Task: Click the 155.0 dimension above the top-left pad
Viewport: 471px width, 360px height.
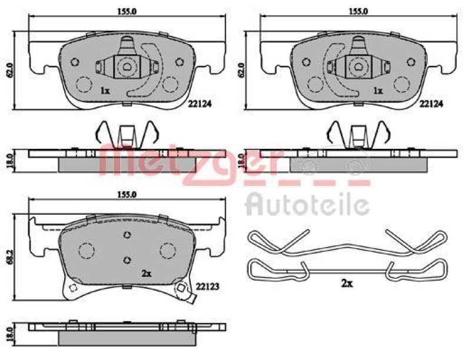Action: [126, 11]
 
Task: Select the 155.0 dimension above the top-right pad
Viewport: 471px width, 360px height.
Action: [358, 11]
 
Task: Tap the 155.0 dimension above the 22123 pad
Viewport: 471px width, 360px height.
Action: [127, 195]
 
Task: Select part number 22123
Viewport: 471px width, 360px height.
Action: [207, 287]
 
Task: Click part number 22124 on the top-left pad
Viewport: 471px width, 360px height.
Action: [200, 104]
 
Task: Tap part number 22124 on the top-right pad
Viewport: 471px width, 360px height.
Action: [431, 104]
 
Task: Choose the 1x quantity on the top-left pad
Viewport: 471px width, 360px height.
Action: [105, 91]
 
